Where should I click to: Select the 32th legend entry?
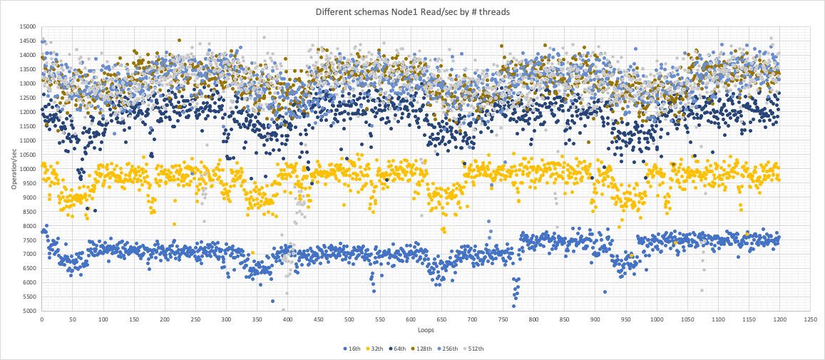click(379, 349)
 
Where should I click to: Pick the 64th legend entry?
click(406, 349)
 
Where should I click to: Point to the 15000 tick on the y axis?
click(27, 26)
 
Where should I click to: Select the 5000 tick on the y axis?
click(29, 311)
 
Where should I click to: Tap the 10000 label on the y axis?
click(27, 169)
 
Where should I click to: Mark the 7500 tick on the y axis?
click(29, 240)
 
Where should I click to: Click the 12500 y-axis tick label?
click(27, 98)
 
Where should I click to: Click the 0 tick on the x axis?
click(41, 320)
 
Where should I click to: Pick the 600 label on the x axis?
click(410, 320)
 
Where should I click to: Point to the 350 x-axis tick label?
click(257, 320)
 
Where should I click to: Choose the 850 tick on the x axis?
click(564, 320)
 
